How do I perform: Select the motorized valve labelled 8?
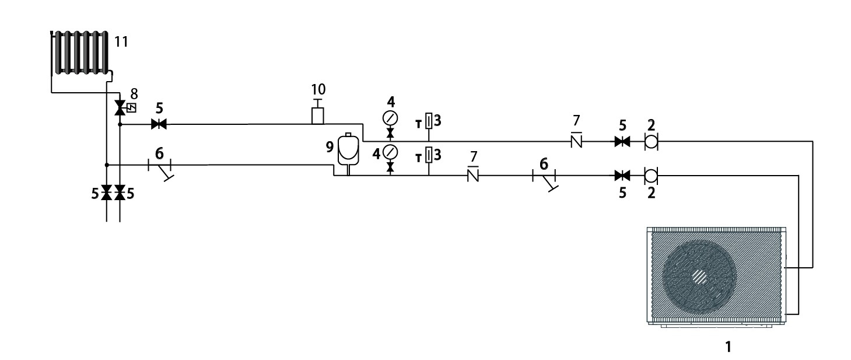click(x=120, y=107)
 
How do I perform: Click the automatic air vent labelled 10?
click(x=318, y=115)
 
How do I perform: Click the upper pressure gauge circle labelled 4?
click(x=390, y=118)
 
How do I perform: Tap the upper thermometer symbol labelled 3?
click(x=429, y=121)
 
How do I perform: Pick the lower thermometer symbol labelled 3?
click(x=429, y=155)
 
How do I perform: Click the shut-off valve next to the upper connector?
click(x=622, y=141)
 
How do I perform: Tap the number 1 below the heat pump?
click(x=727, y=347)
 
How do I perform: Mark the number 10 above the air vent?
click(x=318, y=89)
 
